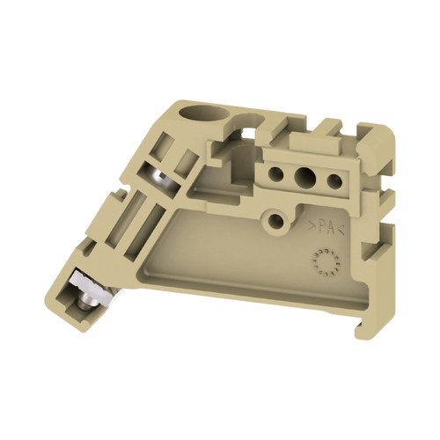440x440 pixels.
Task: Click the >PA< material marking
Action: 321,228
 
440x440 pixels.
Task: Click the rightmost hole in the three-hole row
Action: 334,182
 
